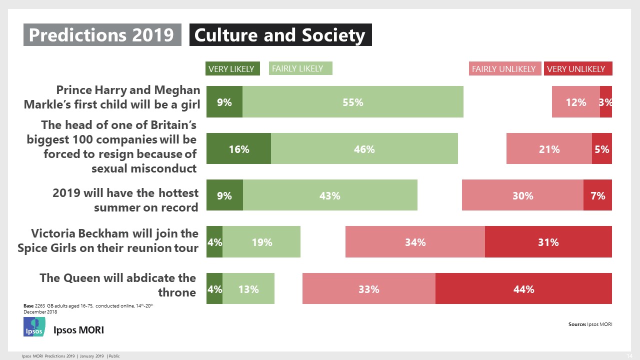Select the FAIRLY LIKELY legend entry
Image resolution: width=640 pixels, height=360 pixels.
click(x=300, y=68)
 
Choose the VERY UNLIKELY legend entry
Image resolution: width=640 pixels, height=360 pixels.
click(x=577, y=69)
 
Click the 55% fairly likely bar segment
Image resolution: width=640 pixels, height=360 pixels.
click(x=352, y=102)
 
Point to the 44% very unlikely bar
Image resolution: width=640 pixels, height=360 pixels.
click(x=523, y=288)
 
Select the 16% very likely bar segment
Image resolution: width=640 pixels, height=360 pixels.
click(x=238, y=148)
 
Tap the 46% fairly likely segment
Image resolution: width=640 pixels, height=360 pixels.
click(x=364, y=148)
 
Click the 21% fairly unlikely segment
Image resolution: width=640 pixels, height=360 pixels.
click(x=549, y=148)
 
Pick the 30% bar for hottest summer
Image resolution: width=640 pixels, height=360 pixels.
click(x=522, y=195)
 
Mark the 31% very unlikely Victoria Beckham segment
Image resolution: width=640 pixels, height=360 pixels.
click(x=548, y=242)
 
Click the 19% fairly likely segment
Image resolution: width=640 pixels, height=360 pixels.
click(x=261, y=242)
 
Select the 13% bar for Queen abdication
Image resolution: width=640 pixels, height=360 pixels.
click(x=248, y=288)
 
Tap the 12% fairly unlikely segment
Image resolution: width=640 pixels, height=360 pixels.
click(x=575, y=102)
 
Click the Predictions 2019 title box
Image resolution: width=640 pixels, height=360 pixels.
click(x=102, y=35)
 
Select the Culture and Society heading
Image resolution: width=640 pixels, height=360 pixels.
click(x=280, y=35)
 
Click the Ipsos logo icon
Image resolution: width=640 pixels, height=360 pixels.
click(x=34, y=326)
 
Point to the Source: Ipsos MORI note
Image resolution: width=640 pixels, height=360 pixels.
click(x=590, y=324)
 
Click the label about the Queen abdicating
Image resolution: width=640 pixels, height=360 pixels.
click(x=117, y=285)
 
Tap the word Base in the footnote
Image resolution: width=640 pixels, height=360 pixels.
click(x=28, y=305)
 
